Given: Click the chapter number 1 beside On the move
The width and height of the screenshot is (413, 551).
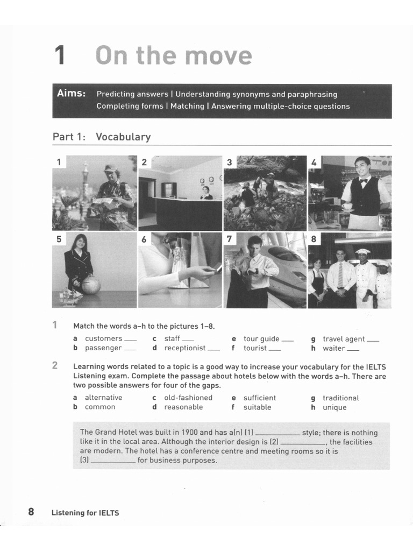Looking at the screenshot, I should coord(60,56).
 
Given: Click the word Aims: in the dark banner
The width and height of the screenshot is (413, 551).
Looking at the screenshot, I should coord(72,94).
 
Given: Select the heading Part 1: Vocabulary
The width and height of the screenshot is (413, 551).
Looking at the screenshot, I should coord(101,137).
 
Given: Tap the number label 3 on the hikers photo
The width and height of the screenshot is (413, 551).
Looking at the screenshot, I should coord(230,162).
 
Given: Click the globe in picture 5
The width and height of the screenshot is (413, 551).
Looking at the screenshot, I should coord(91,285).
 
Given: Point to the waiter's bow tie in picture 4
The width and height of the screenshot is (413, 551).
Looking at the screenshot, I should coord(364,181).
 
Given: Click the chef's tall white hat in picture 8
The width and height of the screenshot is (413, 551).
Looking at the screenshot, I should coord(364,252).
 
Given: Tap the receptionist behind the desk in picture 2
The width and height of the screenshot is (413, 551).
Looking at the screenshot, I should coord(205,193).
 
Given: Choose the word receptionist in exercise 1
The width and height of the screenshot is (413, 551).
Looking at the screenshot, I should coord(184,348).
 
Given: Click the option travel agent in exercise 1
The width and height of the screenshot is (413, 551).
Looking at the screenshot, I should coord(344,339).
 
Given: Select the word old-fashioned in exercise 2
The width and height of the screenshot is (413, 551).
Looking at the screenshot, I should coord(188,398).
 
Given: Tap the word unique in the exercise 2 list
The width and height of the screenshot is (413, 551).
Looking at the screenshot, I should coord(334,407).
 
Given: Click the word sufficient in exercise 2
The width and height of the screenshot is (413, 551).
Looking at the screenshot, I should coord(259,398).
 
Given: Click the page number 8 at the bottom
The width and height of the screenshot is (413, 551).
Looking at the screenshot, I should coord(31,512).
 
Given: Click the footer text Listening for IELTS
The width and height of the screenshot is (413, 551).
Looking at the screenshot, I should coord(85,513).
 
